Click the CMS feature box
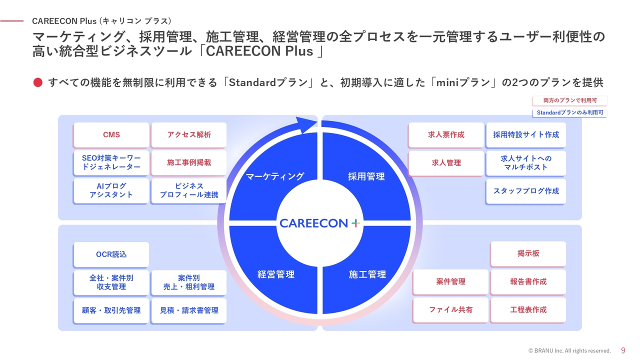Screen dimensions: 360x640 click(111, 135)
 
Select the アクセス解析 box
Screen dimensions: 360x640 click(189, 135)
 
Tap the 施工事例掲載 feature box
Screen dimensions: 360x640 click(189, 163)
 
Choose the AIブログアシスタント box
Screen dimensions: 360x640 click(111, 191)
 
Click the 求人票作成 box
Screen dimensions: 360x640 click(446, 135)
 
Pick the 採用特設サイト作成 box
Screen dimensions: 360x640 click(526, 135)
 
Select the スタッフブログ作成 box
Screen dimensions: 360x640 click(526, 191)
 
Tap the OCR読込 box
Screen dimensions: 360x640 click(111, 254)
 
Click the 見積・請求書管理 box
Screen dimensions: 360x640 click(189, 310)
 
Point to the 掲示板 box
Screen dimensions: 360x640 click(528, 254)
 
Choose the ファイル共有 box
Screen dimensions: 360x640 click(450, 310)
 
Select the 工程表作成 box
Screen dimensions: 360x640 click(528, 310)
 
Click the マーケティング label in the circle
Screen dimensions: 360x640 click(275, 176)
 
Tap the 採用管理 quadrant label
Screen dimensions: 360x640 click(366, 176)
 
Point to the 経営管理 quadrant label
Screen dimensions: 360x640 click(276, 274)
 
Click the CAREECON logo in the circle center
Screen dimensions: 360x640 click(319, 223)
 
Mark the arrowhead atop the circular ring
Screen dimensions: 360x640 click(306, 125)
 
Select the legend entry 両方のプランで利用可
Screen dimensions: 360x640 click(569, 100)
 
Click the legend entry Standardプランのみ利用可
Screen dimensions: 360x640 click(569, 113)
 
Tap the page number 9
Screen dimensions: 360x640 click(623, 350)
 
